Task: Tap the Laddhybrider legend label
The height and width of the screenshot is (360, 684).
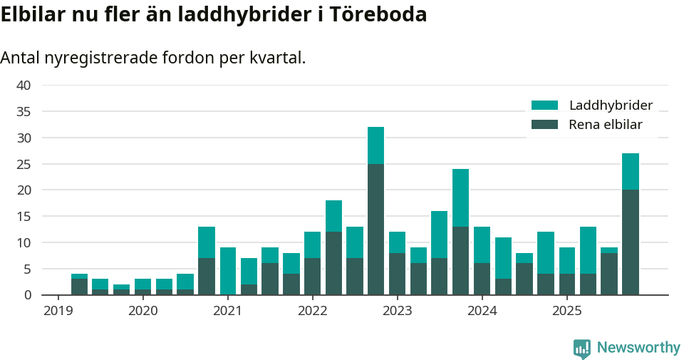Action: pyautogui.click(x=611, y=106)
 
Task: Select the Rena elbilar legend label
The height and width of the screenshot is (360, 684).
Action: pyautogui.click(x=605, y=125)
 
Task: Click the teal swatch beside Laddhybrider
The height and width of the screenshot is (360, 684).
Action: pyautogui.click(x=545, y=106)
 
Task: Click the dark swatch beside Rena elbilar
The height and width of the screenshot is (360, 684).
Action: pyautogui.click(x=545, y=125)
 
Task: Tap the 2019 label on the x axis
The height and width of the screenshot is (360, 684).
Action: pyautogui.click(x=58, y=311)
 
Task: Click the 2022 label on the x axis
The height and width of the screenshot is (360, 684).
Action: pyautogui.click(x=312, y=311)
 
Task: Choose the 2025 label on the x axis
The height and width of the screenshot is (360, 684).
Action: pyautogui.click(x=567, y=311)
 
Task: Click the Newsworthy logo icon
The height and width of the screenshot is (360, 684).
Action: pyautogui.click(x=582, y=348)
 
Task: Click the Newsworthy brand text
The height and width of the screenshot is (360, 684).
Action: pyautogui.click(x=638, y=348)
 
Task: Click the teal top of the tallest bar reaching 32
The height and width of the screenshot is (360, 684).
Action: pyautogui.click(x=375, y=145)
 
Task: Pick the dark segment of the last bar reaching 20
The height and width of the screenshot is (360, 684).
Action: pyautogui.click(x=631, y=242)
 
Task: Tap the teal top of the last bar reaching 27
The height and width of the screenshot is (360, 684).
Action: pyautogui.click(x=631, y=172)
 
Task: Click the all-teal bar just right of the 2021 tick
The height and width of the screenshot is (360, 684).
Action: pyautogui.click(x=228, y=271)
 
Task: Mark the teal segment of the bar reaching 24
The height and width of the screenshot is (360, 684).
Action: pyautogui.click(x=461, y=198)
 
